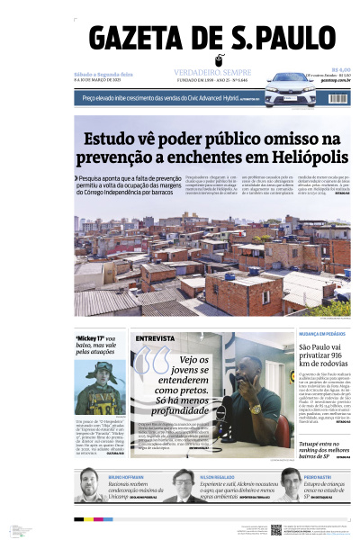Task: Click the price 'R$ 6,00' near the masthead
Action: point(340,69)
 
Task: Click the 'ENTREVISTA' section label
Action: point(154,338)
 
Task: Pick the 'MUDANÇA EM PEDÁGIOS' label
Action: point(322,333)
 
